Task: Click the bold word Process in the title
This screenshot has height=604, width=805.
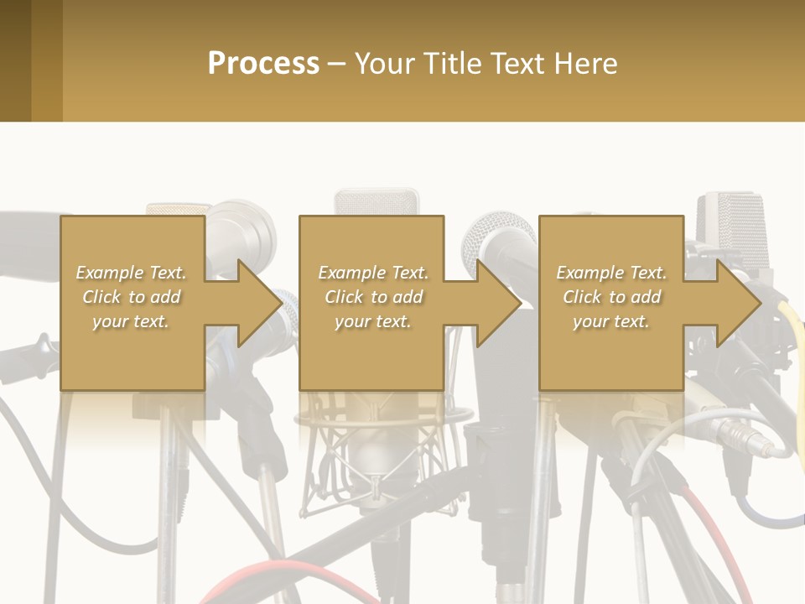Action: (263, 63)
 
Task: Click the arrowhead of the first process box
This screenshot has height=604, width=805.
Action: (260, 303)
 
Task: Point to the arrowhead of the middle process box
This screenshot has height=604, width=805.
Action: (499, 303)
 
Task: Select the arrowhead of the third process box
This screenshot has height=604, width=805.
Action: (739, 303)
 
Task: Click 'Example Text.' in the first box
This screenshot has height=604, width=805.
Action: (131, 273)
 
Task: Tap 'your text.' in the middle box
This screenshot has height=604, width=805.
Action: (372, 321)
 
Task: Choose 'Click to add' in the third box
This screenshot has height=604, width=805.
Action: (611, 297)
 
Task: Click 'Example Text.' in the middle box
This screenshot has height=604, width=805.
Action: (372, 273)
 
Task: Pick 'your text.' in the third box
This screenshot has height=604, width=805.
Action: (611, 321)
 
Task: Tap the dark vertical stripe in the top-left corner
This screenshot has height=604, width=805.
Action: (15, 60)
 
